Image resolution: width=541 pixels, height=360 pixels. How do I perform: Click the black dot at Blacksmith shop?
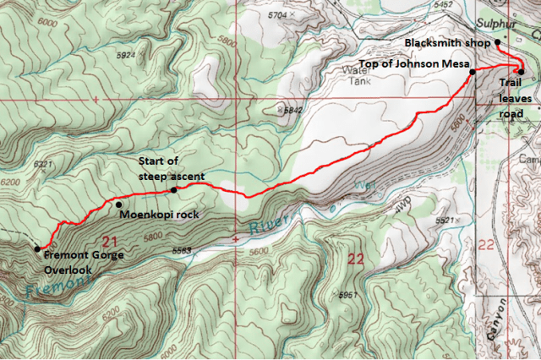pos(498,42)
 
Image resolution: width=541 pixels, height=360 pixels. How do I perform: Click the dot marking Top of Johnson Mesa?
pos(472,73)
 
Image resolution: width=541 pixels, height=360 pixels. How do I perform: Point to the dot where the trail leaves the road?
pos(522,72)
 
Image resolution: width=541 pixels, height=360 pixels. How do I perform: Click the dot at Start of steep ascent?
pos(174,190)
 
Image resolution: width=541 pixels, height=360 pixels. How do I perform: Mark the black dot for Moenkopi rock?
pos(118,204)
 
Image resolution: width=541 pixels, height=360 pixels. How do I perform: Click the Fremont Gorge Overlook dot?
pos(37,248)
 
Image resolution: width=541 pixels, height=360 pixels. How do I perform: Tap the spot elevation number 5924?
pos(128,56)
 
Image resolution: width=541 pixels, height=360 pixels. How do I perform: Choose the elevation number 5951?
pos(347,296)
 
